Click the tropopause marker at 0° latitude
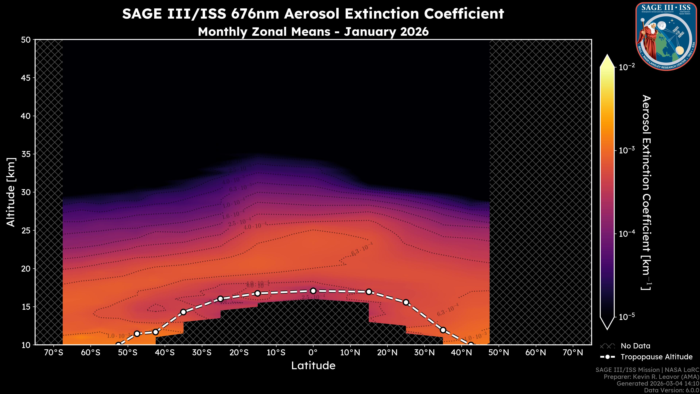313,291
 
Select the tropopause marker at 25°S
220,299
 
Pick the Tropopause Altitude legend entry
656,357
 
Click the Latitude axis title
313,366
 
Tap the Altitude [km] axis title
11,192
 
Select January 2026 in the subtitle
386,32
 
